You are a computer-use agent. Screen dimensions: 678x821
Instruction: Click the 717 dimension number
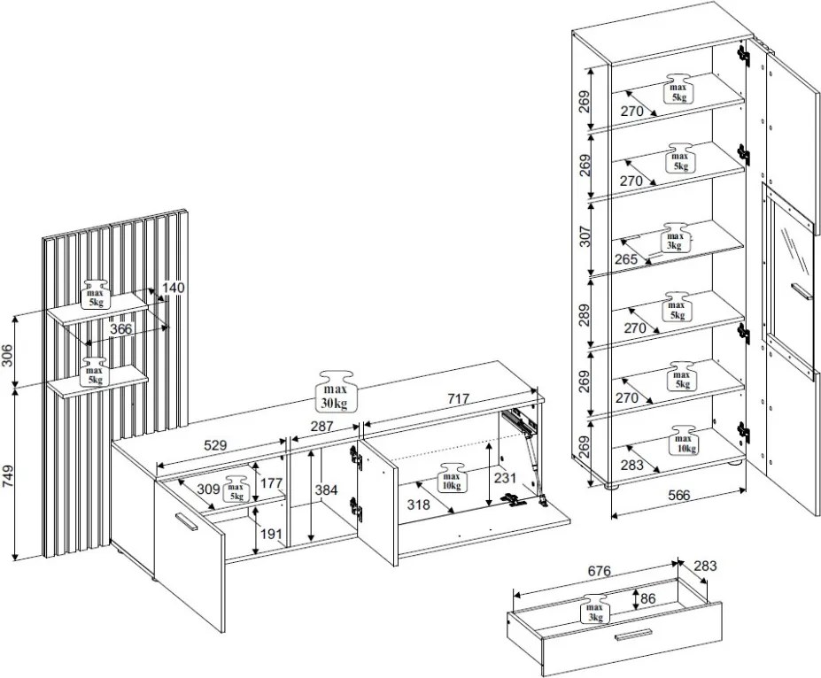click(x=458, y=399)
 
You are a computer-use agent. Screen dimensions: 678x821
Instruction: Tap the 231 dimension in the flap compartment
click(x=505, y=478)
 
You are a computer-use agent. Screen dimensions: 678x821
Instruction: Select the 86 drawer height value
click(x=648, y=598)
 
